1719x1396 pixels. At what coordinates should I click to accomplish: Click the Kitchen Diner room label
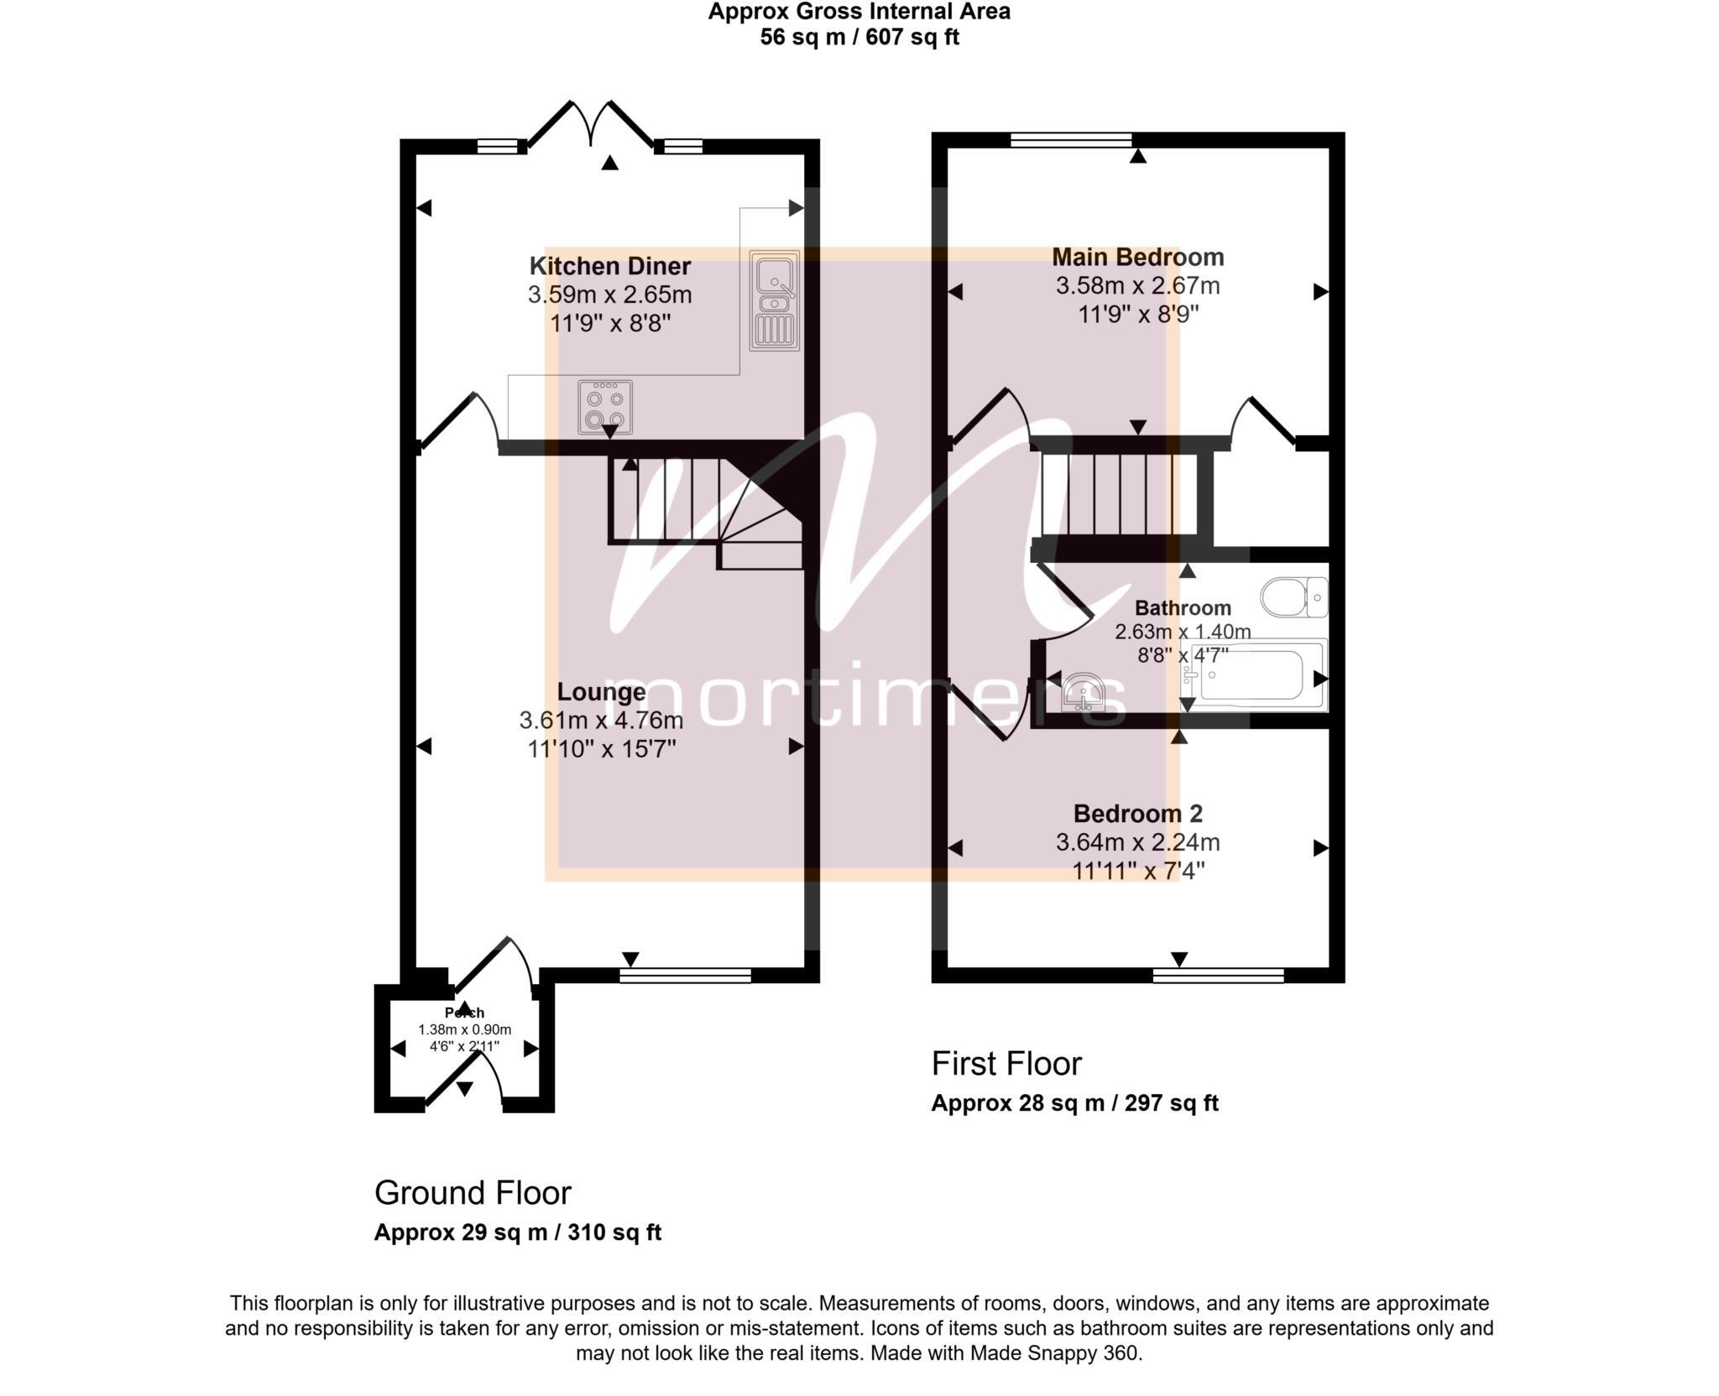609,267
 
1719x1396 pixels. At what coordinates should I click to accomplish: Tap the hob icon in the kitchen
604,407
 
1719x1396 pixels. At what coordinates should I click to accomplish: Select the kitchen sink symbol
774,300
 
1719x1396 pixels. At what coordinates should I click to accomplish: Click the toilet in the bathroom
1293,598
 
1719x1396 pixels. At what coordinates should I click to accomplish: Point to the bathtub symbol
1253,675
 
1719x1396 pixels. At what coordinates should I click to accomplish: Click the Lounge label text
601,692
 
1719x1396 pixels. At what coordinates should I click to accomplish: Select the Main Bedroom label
1137,257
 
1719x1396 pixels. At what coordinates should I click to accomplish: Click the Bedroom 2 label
1137,814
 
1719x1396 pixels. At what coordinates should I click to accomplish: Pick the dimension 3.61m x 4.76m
601,721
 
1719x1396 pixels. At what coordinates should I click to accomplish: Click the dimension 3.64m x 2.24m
1137,842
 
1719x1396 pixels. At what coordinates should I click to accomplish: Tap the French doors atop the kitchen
593,126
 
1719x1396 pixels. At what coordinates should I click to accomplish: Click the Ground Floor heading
472,1193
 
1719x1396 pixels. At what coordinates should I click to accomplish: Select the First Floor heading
1006,1064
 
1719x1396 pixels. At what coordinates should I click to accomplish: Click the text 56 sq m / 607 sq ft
859,38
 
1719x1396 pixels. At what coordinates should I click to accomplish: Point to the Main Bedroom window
1070,140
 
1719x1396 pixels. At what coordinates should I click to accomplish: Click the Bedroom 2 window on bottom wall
1218,975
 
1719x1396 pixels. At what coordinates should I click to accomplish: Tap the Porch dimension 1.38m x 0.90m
464,1029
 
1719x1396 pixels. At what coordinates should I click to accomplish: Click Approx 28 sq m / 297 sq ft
1074,1103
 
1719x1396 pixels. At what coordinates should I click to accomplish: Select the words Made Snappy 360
1055,1353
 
